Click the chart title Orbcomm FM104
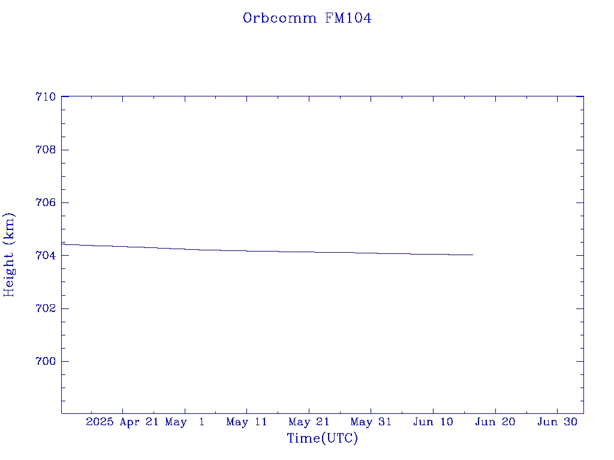(307, 18)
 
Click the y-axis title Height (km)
(9, 255)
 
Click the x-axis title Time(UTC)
(322, 438)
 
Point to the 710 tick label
(46, 96)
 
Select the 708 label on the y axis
(46, 150)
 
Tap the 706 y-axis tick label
(46, 202)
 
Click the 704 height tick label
(46, 255)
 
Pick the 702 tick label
(46, 308)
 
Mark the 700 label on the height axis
(46, 361)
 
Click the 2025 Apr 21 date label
(122, 422)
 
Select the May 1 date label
(185, 422)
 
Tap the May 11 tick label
(246, 422)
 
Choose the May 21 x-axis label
(309, 422)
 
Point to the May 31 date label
(371, 422)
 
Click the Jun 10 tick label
(433, 422)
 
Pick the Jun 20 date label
(495, 422)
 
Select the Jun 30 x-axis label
(558, 422)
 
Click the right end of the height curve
(473, 255)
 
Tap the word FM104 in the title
(348, 18)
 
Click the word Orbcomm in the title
(279, 18)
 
